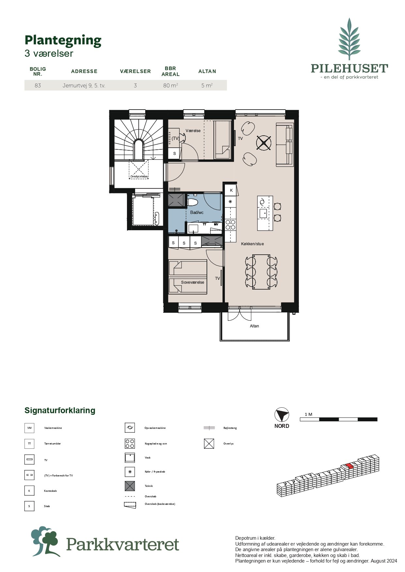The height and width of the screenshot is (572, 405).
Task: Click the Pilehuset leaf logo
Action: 349,39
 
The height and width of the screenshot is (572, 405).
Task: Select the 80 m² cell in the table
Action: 170,85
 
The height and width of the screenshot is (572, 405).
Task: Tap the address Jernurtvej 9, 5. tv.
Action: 84,85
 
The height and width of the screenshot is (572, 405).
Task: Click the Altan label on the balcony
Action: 254,326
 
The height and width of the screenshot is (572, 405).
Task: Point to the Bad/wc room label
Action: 197,212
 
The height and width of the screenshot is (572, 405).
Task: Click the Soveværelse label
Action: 193,282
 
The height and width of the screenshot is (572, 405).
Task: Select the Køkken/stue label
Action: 252,244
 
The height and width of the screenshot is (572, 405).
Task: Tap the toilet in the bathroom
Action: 193,202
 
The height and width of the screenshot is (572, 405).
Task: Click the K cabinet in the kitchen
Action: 231,190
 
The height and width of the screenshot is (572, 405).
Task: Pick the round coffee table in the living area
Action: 264,143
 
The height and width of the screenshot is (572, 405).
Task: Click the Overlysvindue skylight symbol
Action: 139,170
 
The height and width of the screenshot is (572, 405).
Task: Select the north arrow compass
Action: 282,415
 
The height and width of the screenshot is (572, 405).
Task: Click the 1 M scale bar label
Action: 308,414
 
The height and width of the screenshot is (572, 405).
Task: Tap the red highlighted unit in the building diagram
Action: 350,465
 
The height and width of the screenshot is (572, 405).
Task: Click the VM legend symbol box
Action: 29,428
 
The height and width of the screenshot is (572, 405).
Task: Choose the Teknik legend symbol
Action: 130,486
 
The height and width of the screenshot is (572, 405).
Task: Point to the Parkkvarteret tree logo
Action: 45,541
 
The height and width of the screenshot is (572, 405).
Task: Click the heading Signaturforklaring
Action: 60,410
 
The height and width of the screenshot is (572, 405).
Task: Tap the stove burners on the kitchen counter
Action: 230,225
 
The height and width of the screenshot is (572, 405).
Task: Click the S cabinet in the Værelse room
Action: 174,153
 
